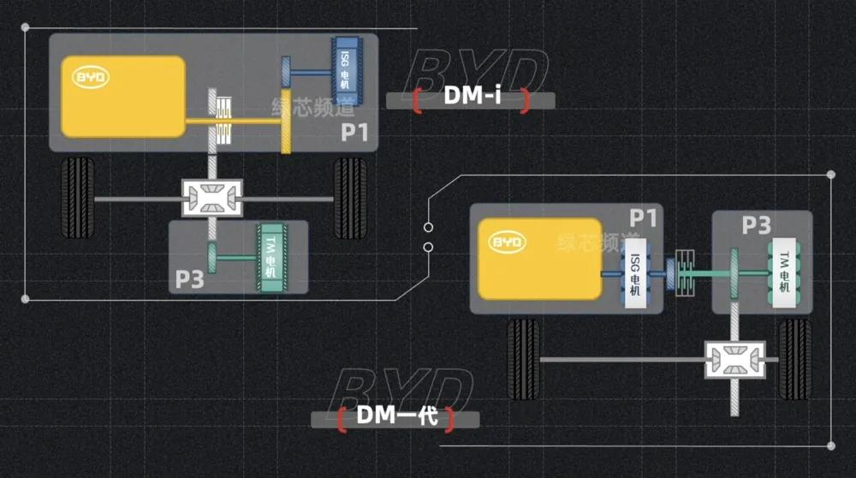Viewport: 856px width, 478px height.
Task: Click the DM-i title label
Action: pyautogui.click(x=472, y=98)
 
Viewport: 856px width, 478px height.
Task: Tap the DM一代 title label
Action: pyautogui.click(x=396, y=417)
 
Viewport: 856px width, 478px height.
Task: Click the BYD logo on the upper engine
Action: pyautogui.click(x=91, y=77)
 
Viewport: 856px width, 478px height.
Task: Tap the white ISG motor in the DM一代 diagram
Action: pyautogui.click(x=634, y=274)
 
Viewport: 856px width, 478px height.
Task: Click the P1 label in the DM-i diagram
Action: pyautogui.click(x=354, y=133)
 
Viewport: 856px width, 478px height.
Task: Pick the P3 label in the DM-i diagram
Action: pyautogui.click(x=189, y=280)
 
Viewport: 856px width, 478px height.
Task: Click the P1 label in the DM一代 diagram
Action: pyautogui.click(x=642, y=219)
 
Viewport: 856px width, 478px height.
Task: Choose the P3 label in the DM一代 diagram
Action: pyautogui.click(x=756, y=224)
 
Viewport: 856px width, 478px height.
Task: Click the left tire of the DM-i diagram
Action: pyautogui.click(x=78, y=199)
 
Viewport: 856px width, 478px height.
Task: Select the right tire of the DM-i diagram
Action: pyautogui.click(x=349, y=199)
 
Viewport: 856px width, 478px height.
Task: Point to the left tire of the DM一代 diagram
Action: pyautogui.click(x=523, y=359)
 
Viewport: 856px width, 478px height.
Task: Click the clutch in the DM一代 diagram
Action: pyautogui.click(x=685, y=273)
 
